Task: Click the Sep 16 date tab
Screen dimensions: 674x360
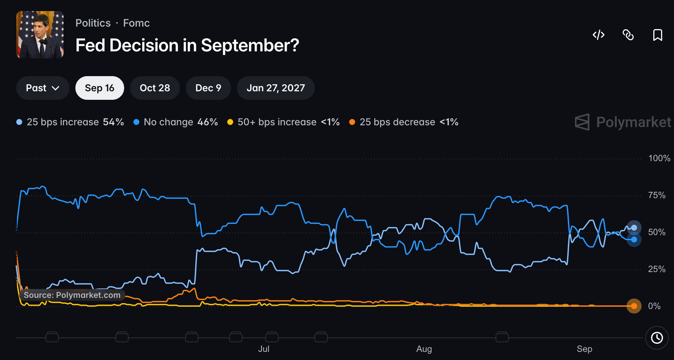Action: (x=99, y=88)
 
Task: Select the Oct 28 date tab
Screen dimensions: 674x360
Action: (x=155, y=88)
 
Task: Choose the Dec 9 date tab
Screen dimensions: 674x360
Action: (x=208, y=88)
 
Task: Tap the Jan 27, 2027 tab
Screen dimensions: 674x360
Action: (x=276, y=88)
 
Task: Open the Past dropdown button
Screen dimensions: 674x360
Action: (x=42, y=88)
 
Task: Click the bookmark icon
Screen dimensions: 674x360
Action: (x=657, y=35)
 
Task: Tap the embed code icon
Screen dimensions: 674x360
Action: (x=599, y=35)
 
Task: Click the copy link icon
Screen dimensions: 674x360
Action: (x=628, y=35)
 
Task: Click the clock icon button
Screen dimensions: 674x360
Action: (x=657, y=338)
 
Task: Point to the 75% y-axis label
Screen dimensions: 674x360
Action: (x=657, y=195)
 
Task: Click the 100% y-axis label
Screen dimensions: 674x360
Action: (x=659, y=158)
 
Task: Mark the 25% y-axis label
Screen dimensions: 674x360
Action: (x=657, y=269)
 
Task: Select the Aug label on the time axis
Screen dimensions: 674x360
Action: (x=424, y=349)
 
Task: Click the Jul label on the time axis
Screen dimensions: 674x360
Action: (x=264, y=349)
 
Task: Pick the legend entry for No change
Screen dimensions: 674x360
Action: (x=176, y=122)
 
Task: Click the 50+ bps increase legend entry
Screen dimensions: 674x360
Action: (x=283, y=122)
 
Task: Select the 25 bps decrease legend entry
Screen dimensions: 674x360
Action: (x=404, y=122)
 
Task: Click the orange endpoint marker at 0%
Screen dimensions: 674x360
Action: (x=634, y=306)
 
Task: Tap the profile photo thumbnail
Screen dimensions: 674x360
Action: (x=40, y=35)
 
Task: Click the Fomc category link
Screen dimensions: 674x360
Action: (x=136, y=23)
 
